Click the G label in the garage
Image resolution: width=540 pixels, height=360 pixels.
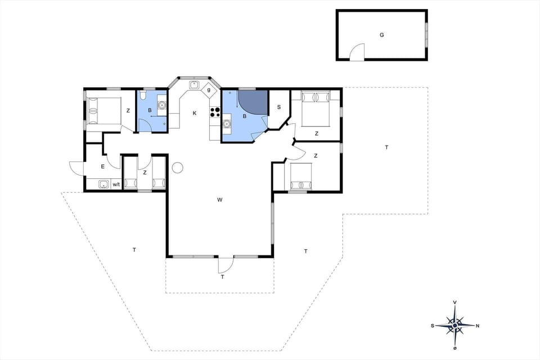381,35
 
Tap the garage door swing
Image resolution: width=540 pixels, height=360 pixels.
357,52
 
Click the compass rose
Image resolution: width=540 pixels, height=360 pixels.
454,325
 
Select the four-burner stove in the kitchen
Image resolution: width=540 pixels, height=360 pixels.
215,111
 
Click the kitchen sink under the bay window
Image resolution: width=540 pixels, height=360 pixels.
195,85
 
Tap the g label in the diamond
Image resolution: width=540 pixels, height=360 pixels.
209,89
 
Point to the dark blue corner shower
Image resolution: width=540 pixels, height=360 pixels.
253,101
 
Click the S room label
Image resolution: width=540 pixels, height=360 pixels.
278,107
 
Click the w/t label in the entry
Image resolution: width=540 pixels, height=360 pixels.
116,184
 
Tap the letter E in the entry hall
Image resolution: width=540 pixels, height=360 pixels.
102,166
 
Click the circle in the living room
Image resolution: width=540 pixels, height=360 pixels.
178,168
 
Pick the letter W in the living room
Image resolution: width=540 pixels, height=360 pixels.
220,200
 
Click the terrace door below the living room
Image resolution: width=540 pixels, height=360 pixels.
226,264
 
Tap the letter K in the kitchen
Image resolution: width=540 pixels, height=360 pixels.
195,114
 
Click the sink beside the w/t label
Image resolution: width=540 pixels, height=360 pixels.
103,184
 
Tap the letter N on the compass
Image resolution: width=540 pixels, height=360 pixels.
477,326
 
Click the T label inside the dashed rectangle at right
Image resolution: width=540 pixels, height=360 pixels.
386,147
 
